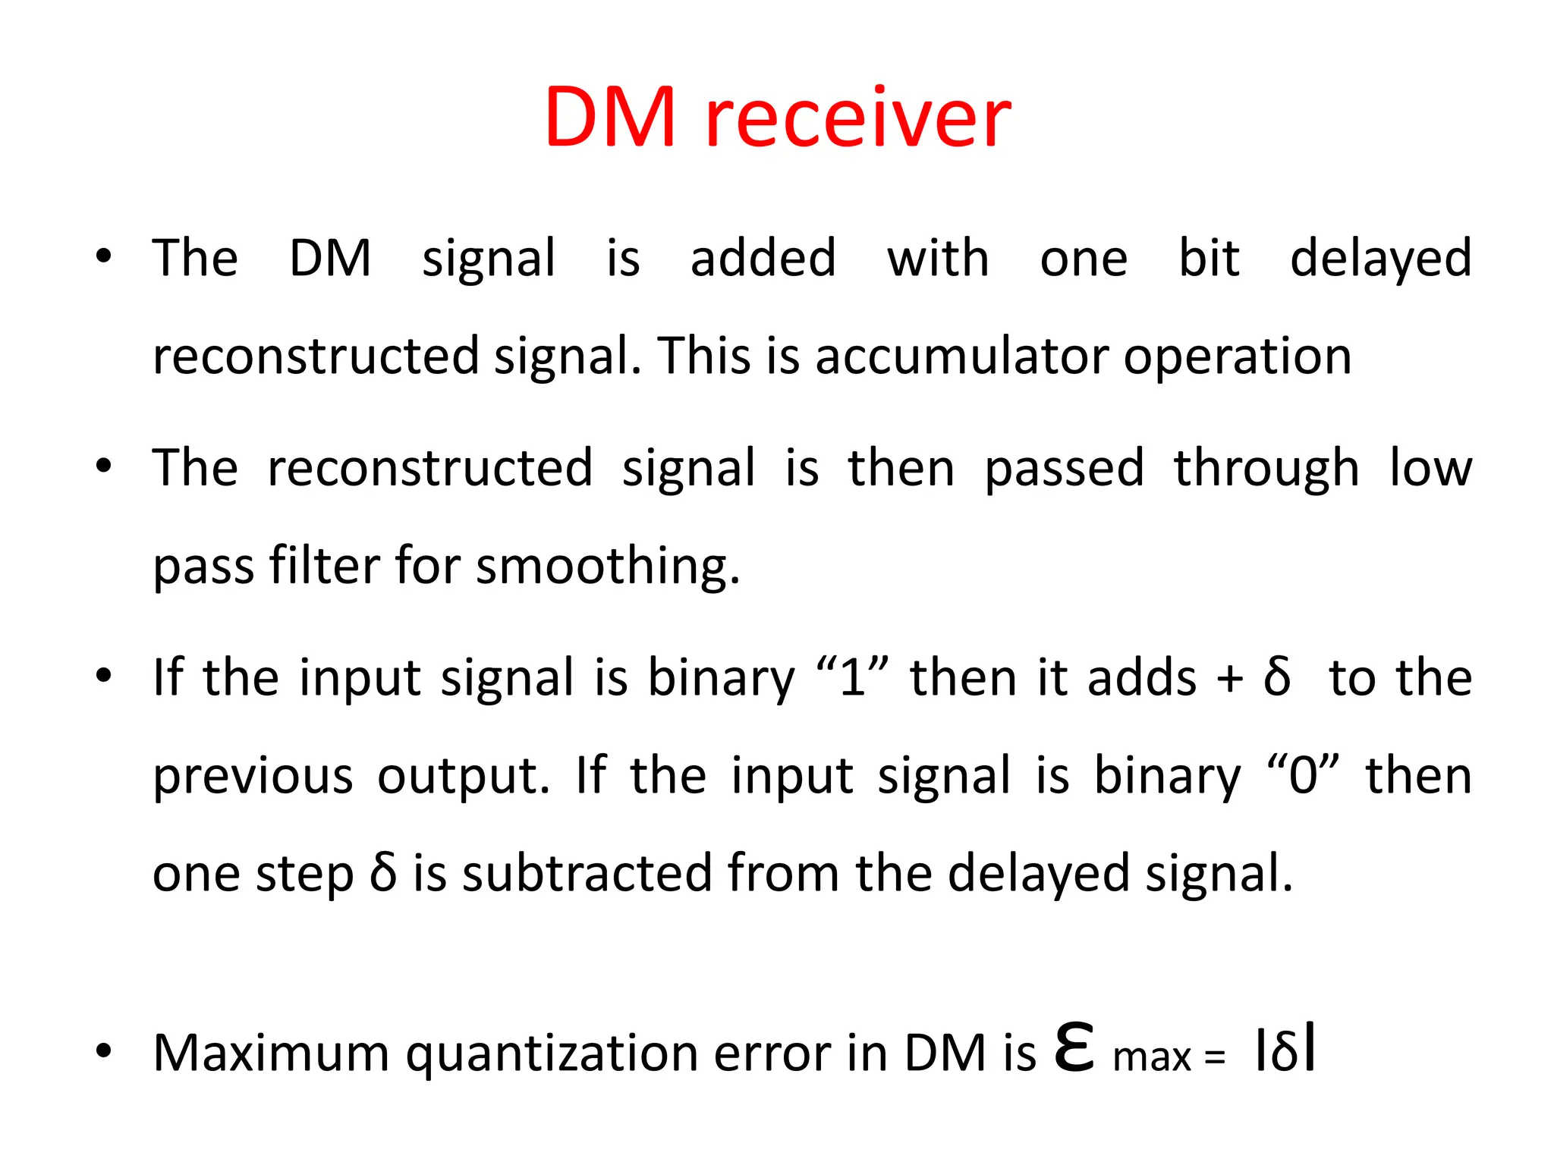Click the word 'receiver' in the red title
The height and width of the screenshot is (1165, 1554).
tap(857, 118)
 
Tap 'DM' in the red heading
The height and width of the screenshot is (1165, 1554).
tap(609, 118)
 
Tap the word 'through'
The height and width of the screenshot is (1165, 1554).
tap(1266, 469)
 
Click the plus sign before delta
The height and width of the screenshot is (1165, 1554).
tap(1229, 679)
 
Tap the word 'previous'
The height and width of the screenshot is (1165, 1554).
tap(253, 777)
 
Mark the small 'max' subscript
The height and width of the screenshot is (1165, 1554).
tap(1152, 1057)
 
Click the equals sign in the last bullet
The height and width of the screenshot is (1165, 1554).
tap(1214, 1057)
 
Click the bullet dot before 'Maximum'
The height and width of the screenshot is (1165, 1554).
tap(104, 1051)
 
